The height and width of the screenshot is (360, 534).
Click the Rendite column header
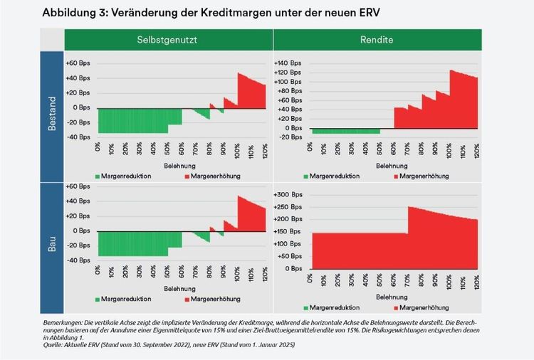(x=377, y=40)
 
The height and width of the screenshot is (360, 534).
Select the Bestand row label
(x=52, y=112)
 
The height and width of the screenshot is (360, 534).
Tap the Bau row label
(x=52, y=229)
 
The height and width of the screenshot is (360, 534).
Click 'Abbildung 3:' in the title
(x=71, y=12)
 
